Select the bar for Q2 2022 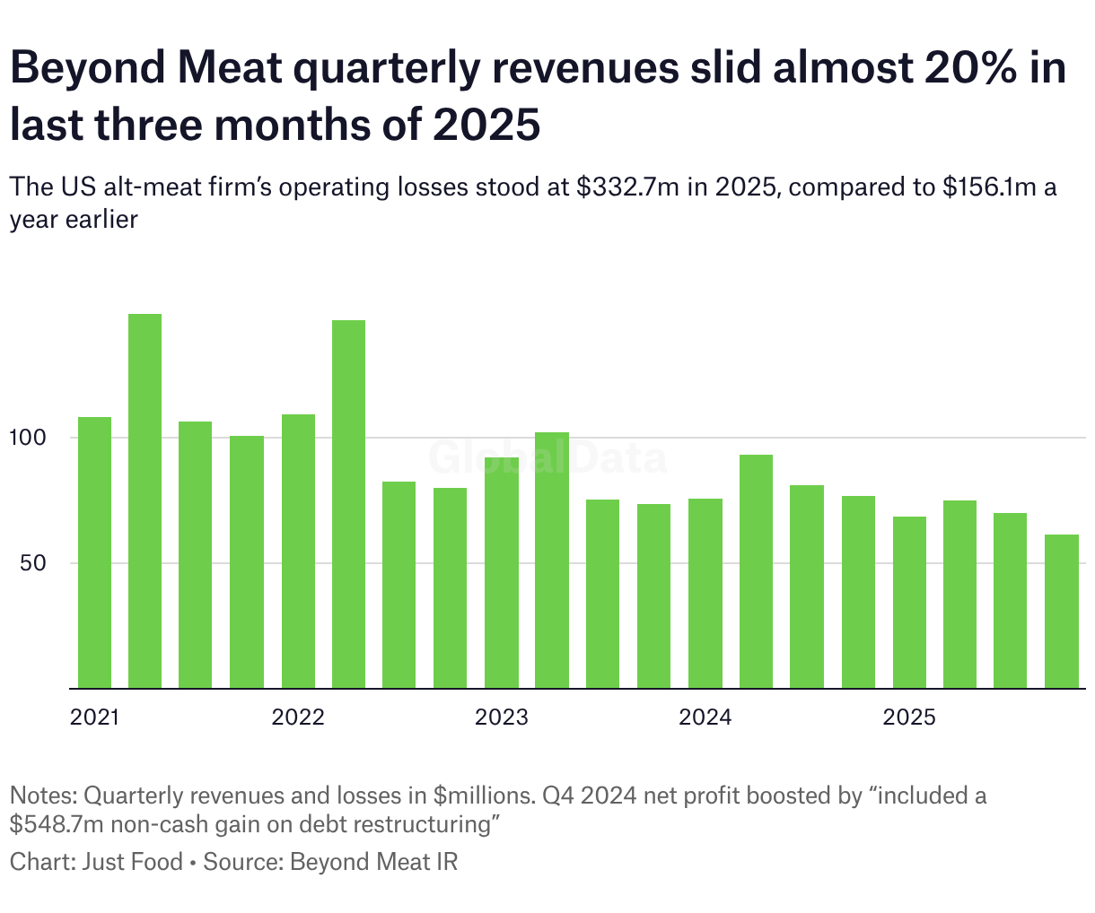tap(348, 504)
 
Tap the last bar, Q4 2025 tap(1062, 611)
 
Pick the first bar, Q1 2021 tap(94, 552)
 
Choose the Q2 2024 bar tap(756, 571)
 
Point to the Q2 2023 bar tap(552, 560)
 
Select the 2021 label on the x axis tap(96, 717)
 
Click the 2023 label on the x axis tap(502, 717)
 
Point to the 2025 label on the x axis tap(909, 717)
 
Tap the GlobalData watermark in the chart tap(547, 456)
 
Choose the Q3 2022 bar tap(399, 585)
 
